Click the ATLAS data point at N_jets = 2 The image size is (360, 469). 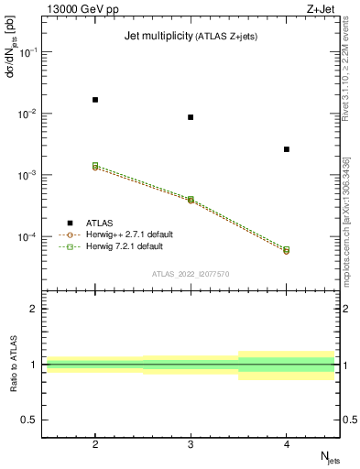click(x=95, y=99)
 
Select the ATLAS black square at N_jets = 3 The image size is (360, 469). click(x=191, y=117)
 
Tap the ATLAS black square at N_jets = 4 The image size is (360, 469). click(x=287, y=149)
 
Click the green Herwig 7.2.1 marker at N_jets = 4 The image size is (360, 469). click(x=287, y=249)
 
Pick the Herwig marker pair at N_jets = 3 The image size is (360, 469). click(x=191, y=199)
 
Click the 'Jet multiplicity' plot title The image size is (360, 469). click(x=155, y=36)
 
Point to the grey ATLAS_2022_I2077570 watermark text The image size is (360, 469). click(x=191, y=274)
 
